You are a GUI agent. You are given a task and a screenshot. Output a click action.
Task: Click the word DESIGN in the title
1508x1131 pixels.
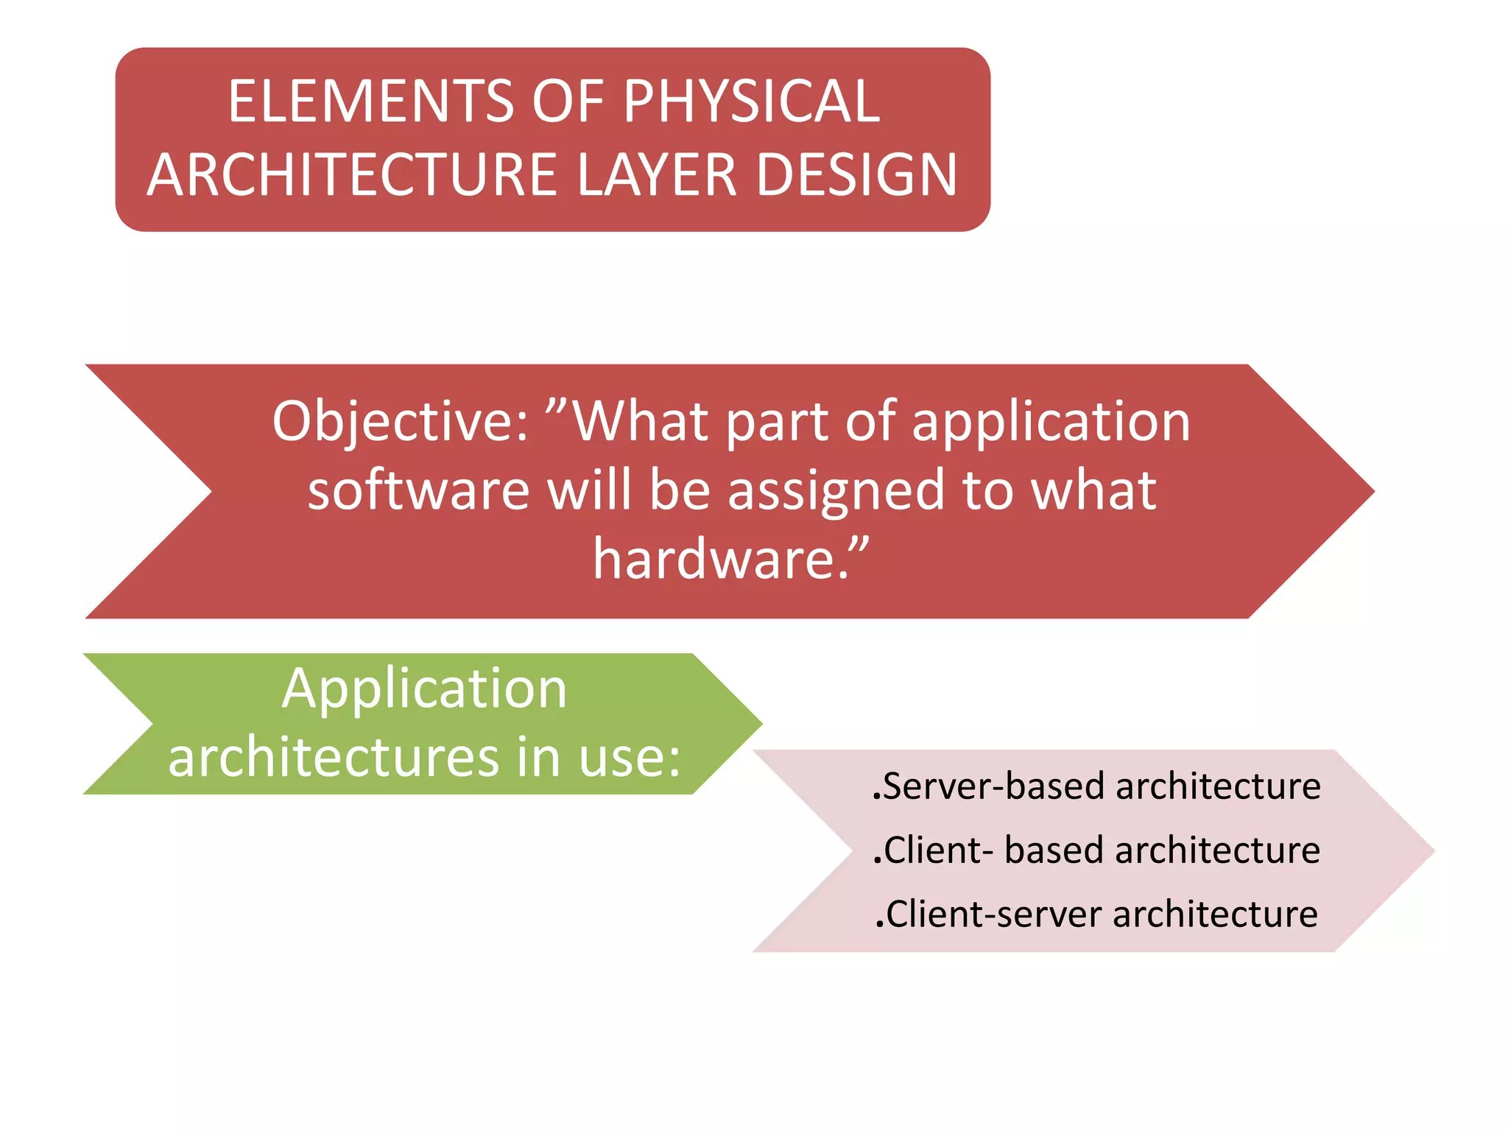(856, 175)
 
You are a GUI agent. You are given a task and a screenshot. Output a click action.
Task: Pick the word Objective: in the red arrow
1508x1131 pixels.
(401, 422)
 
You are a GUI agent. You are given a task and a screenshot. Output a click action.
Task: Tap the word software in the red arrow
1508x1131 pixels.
(418, 491)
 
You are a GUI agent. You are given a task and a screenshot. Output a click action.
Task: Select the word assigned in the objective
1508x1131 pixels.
(836, 491)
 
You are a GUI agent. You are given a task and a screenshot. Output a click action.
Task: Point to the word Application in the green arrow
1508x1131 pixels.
(424, 689)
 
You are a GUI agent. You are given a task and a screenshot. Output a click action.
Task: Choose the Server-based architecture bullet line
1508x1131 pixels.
(1096, 786)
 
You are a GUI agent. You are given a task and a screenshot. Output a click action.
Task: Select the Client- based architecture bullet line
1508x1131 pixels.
(1096, 850)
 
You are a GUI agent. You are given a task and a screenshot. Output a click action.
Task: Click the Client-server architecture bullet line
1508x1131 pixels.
(1096, 915)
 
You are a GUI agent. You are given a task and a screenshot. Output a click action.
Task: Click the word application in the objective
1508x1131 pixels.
(1051, 422)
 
